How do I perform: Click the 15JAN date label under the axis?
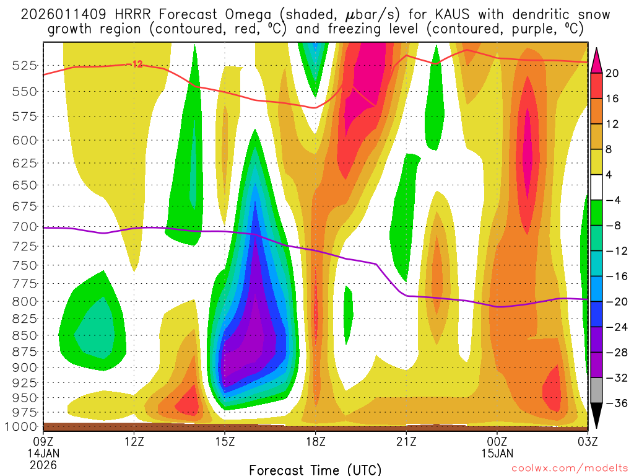[x=497, y=453]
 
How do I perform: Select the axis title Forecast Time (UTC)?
[x=315, y=469]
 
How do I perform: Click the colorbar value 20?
[x=613, y=73]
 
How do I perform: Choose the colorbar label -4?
[x=613, y=200]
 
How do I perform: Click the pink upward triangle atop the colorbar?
[x=597, y=59]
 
